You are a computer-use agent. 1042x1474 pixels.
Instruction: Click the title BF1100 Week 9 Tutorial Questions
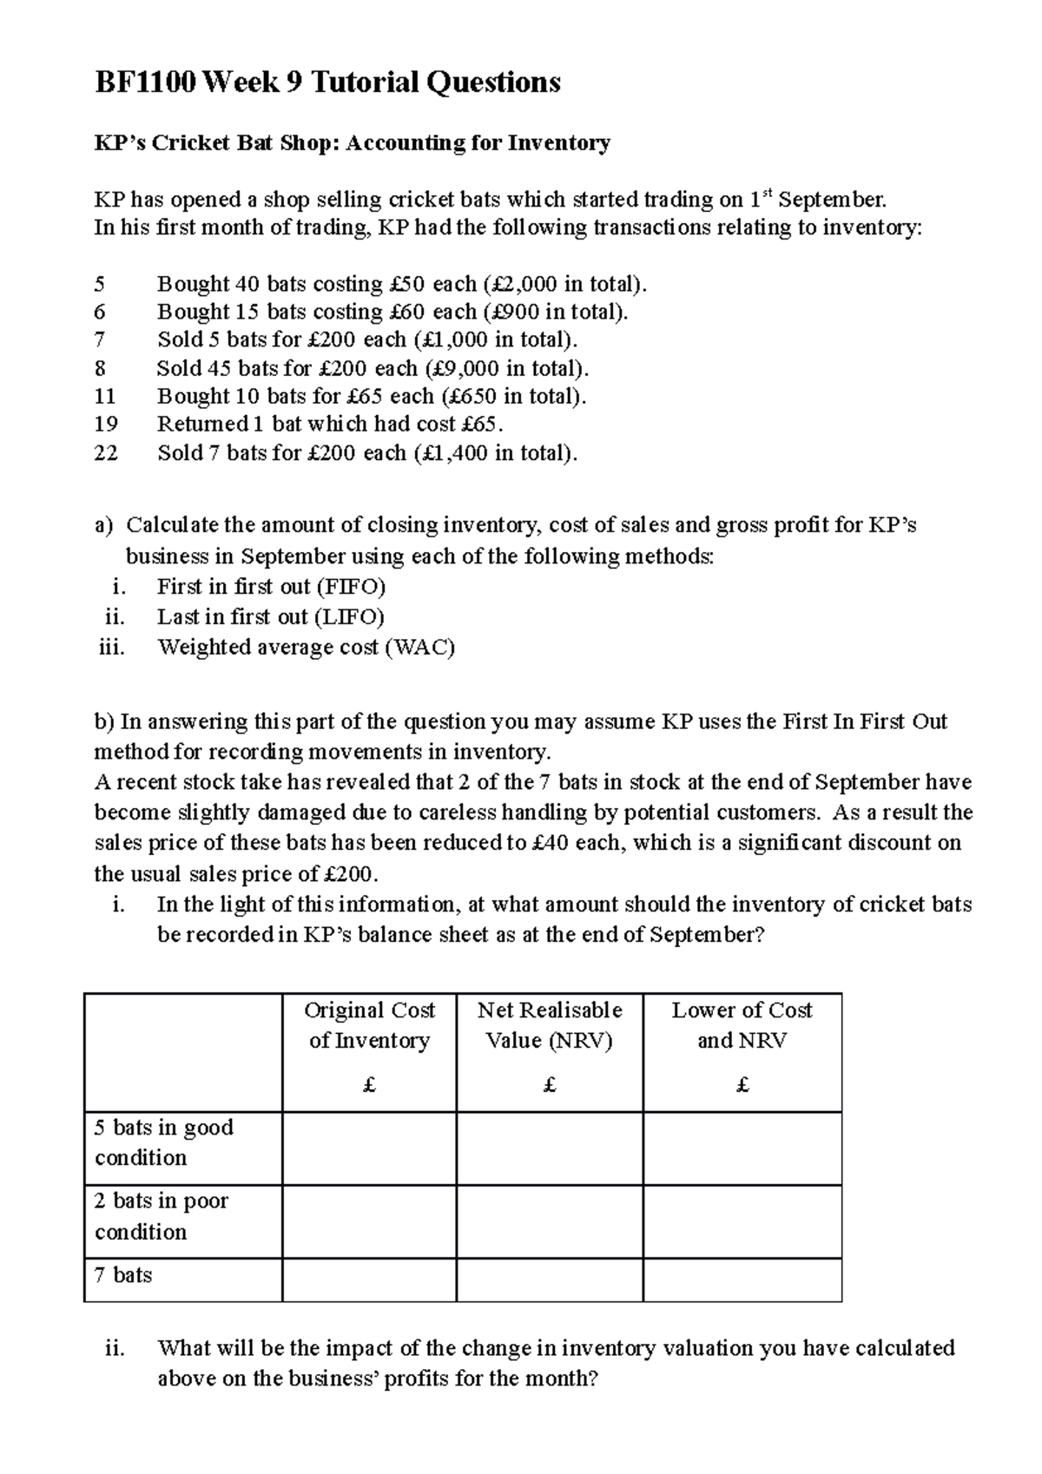pyautogui.click(x=326, y=82)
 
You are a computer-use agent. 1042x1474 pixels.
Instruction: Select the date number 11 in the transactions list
pyautogui.click(x=105, y=397)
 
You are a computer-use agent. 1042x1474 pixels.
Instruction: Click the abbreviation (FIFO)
pyautogui.click(x=351, y=587)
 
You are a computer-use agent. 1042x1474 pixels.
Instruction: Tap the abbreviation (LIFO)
pyautogui.click(x=350, y=617)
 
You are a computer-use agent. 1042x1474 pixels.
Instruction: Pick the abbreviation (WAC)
pyautogui.click(x=419, y=648)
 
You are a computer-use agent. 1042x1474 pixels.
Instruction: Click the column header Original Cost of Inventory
pyautogui.click(x=369, y=1025)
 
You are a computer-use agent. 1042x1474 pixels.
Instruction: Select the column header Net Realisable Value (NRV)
pyautogui.click(x=549, y=1025)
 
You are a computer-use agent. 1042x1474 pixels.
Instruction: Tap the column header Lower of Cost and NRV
pyautogui.click(x=742, y=1025)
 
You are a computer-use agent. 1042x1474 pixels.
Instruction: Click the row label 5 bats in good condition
pyautogui.click(x=163, y=1142)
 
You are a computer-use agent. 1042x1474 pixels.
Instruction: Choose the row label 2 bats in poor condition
pyautogui.click(x=161, y=1216)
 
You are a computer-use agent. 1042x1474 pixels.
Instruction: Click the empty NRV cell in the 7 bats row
pyautogui.click(x=549, y=1280)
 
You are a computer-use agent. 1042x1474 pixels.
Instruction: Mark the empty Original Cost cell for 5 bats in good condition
pyautogui.click(x=369, y=1148)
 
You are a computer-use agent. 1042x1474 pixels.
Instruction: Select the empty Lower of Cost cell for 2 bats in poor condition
pyautogui.click(x=742, y=1221)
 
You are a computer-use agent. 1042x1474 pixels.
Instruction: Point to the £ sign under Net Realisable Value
pyautogui.click(x=549, y=1085)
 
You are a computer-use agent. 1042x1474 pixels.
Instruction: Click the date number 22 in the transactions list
pyautogui.click(x=105, y=453)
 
